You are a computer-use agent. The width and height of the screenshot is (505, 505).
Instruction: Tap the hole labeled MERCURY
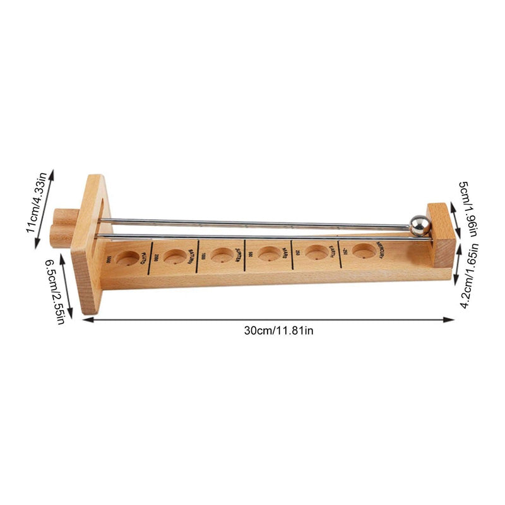click(362, 251)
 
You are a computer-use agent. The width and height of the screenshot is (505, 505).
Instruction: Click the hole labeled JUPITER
click(222, 255)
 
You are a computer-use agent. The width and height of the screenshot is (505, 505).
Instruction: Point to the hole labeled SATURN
click(174, 256)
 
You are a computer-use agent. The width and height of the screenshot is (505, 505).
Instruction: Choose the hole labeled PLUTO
click(128, 258)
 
